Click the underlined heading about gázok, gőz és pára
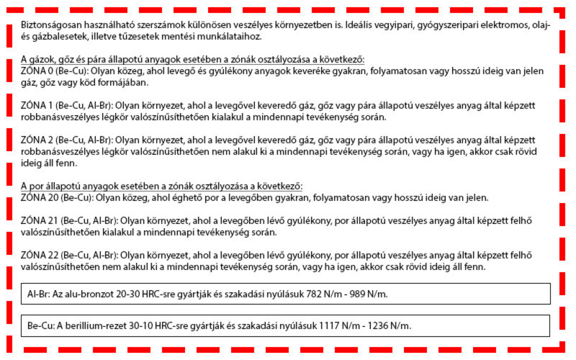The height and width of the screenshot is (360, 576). click(193, 59)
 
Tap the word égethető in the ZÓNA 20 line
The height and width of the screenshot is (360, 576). click(199, 197)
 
